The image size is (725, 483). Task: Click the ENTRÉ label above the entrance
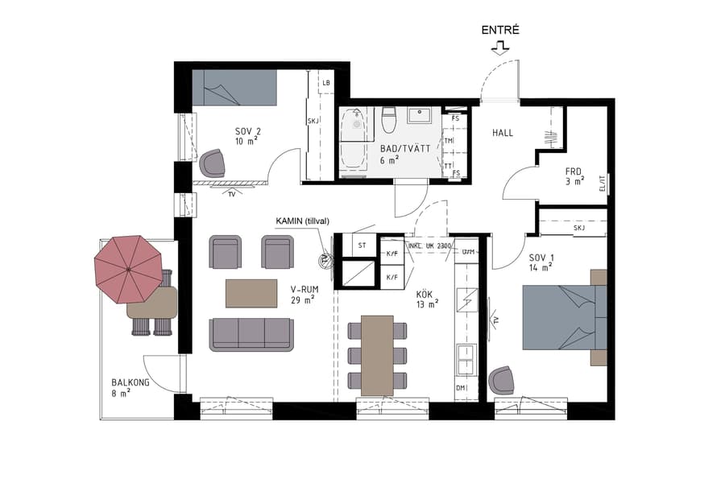point(500,30)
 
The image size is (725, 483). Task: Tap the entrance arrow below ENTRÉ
point(500,47)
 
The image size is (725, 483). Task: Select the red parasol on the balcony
point(128,266)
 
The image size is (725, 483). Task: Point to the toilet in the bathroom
point(388,119)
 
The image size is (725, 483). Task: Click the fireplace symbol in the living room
point(326,259)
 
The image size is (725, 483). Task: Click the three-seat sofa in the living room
point(251,333)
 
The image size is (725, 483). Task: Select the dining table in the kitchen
point(376,354)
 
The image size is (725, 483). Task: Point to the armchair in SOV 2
point(213,163)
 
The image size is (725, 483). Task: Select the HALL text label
point(503,133)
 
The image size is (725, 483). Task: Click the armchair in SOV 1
point(502,380)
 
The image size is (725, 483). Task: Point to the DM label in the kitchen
point(461,388)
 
